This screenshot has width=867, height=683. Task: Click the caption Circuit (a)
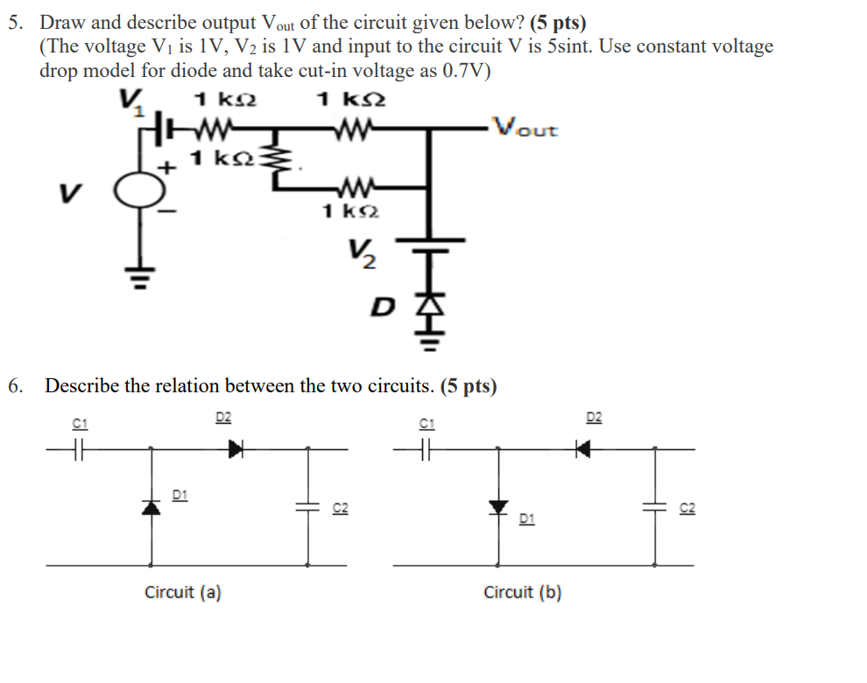(x=182, y=593)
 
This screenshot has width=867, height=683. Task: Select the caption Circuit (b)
(x=523, y=593)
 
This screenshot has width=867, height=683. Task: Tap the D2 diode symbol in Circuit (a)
(x=235, y=449)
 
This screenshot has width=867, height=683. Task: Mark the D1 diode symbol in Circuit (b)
(x=499, y=507)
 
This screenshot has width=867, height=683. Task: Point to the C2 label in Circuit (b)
(x=687, y=508)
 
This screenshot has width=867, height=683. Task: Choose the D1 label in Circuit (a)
(x=179, y=496)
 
